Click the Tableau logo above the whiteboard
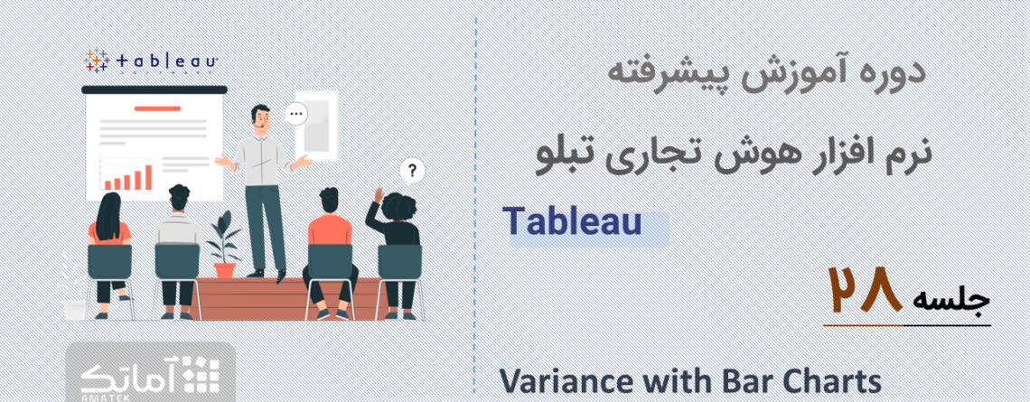pos(151,61)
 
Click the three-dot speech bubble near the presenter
pos(296,115)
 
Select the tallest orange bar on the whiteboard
pos(148,177)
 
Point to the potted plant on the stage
pos(223,244)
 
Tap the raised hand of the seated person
pos(379,194)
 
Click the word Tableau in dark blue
pos(573,221)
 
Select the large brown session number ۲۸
pos(865,289)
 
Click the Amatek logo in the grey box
pos(150,375)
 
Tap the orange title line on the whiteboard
pos(157,108)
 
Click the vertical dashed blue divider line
pos(475,201)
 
